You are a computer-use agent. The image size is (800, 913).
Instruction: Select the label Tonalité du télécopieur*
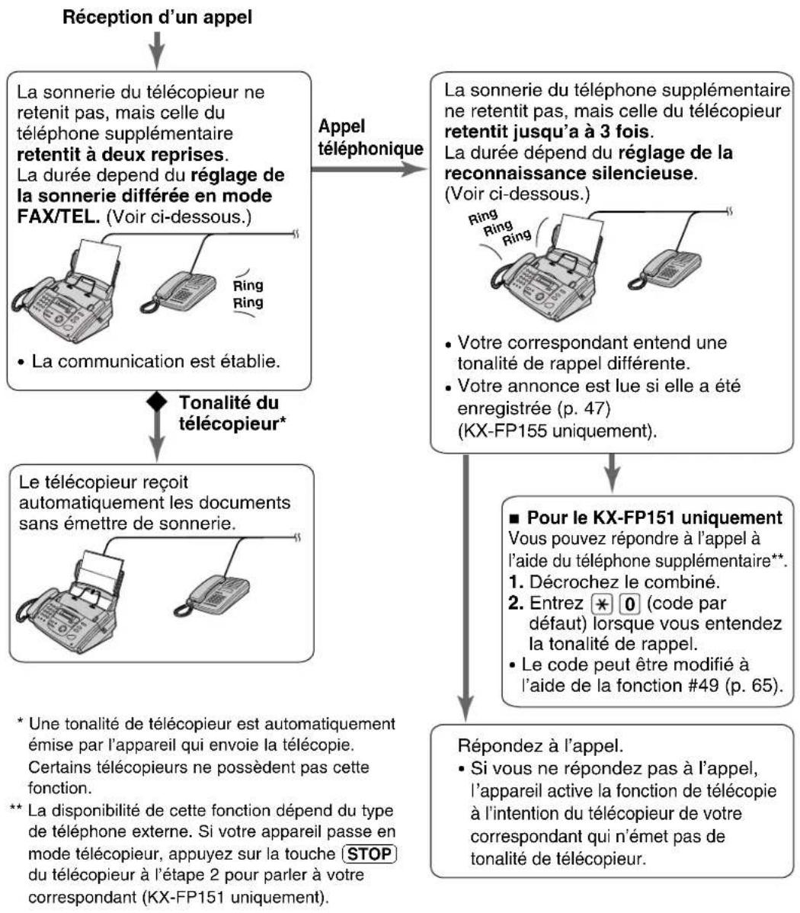[x=228, y=413]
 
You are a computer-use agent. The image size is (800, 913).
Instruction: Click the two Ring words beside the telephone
[x=248, y=294]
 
